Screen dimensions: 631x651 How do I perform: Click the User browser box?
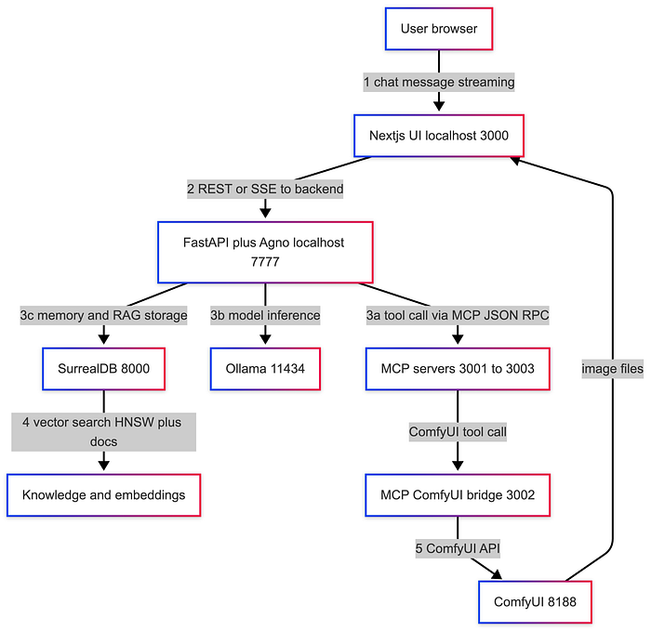(x=439, y=29)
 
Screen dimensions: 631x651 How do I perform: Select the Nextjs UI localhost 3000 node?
(x=439, y=136)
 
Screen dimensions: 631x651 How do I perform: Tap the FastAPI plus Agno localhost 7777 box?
(x=265, y=252)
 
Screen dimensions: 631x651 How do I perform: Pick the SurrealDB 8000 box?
(x=103, y=368)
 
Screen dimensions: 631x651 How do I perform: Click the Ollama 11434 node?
(x=265, y=368)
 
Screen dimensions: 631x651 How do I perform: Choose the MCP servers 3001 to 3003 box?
(x=457, y=368)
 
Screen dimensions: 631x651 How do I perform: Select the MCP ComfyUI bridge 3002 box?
(x=457, y=494)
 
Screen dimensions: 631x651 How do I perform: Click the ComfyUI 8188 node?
(x=534, y=601)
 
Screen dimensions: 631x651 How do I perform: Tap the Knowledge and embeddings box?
(x=103, y=494)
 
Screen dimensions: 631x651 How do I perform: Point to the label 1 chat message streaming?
(x=439, y=82)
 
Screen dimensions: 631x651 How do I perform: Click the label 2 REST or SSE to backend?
(x=265, y=189)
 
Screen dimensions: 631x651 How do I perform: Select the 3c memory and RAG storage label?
(x=103, y=315)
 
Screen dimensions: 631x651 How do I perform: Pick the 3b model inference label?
(x=265, y=315)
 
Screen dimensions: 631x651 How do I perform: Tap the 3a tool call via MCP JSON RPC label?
(x=457, y=315)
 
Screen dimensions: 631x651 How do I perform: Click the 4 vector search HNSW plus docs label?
(x=103, y=431)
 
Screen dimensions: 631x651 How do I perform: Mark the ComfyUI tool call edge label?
(x=457, y=431)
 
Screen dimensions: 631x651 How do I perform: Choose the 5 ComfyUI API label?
(x=457, y=547)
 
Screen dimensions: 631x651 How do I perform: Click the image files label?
(x=612, y=369)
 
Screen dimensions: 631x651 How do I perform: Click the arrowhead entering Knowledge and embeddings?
(x=103, y=468)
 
